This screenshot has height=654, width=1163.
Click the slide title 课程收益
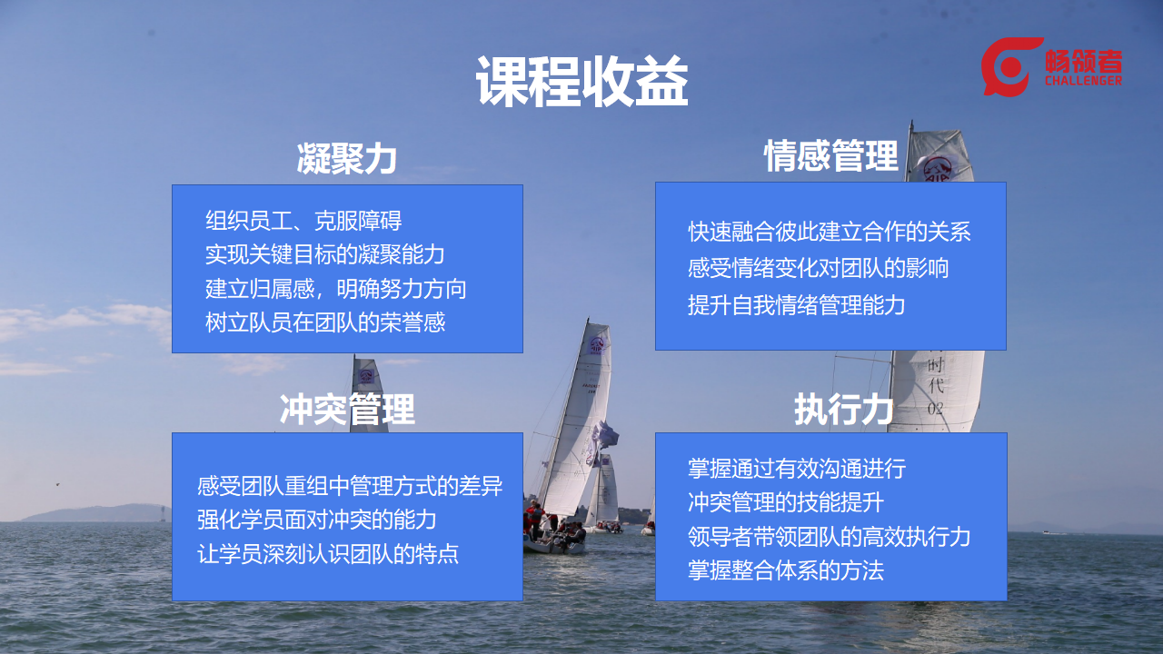(x=582, y=82)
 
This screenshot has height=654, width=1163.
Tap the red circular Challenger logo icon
(x=1009, y=66)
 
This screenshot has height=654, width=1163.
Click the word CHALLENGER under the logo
(x=1083, y=81)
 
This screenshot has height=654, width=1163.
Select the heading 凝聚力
(x=347, y=158)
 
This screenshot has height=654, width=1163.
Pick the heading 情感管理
(x=830, y=155)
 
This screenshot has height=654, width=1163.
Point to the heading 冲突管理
(x=347, y=409)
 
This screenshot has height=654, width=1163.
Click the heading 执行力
(x=844, y=409)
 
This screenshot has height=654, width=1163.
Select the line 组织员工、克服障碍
(x=303, y=221)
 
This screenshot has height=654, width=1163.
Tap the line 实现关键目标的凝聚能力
(x=325, y=254)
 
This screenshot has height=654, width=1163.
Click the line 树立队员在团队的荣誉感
(x=325, y=322)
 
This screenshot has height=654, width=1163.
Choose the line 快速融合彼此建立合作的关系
(x=830, y=232)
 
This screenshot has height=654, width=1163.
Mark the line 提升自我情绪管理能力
(x=797, y=304)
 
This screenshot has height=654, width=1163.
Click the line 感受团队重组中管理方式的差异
(x=350, y=486)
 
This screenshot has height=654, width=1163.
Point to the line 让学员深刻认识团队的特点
(x=328, y=554)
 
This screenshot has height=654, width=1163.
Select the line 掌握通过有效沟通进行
(x=797, y=469)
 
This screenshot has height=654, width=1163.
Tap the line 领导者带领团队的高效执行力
(x=830, y=537)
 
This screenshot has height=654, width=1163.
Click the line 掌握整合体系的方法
(x=786, y=570)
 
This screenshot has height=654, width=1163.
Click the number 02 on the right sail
(x=935, y=409)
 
